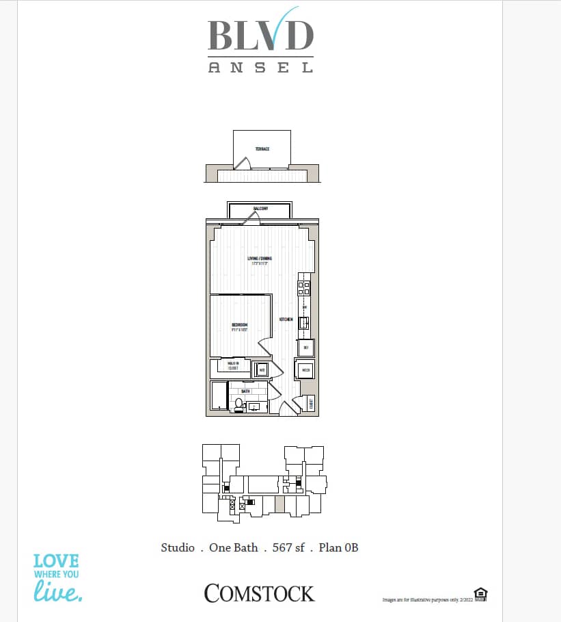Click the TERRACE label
262,148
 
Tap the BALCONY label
260,208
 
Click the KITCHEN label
286,320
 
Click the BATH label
245,391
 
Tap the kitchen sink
305,322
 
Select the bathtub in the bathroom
219,397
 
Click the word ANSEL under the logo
260,68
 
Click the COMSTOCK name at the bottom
260,593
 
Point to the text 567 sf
288,547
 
